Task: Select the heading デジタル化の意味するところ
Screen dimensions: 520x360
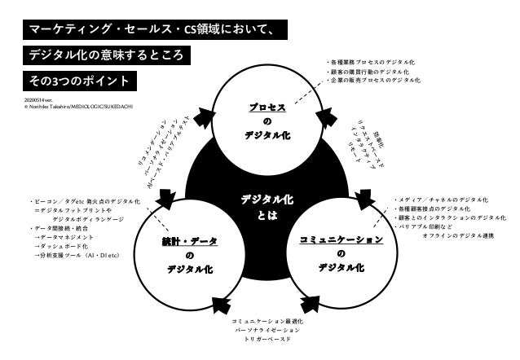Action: click(x=108, y=56)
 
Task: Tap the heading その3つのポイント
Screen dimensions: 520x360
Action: click(x=79, y=81)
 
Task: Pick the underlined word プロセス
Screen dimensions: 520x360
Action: click(x=267, y=108)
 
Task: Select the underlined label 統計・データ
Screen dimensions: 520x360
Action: click(x=189, y=241)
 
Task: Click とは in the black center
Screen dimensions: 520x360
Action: click(x=267, y=216)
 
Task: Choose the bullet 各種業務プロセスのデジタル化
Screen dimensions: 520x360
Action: click(x=371, y=62)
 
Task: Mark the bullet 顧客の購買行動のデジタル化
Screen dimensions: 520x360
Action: click(x=372, y=72)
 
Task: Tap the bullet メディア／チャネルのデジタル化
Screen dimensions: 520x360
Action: click(x=440, y=200)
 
